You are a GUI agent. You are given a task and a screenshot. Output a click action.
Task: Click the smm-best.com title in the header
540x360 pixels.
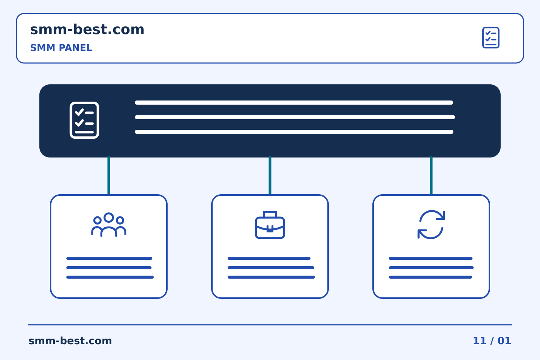87,30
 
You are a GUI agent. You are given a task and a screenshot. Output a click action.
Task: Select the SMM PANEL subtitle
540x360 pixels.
61,48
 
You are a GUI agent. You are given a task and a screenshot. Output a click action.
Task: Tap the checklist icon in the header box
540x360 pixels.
490,37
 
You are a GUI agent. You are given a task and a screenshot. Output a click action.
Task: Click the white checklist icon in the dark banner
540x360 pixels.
84,120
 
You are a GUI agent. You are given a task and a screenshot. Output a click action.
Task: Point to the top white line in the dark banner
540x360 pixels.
294,102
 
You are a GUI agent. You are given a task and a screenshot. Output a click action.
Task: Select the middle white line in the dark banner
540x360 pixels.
295,117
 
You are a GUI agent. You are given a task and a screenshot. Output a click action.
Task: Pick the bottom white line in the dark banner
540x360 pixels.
294,132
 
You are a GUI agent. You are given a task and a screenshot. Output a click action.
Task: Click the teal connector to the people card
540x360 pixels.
109,175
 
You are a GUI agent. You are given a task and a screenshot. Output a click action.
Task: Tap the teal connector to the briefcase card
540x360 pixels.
270,175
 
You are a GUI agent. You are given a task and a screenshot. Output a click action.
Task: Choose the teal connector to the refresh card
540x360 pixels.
431,175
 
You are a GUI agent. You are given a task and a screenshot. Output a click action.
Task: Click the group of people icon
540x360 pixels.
109,225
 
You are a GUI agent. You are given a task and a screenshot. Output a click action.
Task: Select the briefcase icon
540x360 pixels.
270,225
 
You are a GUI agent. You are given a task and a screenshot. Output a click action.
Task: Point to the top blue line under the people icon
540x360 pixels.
109,258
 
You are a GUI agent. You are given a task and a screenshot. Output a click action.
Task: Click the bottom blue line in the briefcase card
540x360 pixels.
271,277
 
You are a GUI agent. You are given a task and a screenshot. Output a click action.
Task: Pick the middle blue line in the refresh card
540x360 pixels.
431,268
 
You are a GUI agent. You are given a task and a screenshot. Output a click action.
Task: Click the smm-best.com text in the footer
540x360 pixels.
70,341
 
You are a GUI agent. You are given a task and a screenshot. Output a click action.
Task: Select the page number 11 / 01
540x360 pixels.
492,341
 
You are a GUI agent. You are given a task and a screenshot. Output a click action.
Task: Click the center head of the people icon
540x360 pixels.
109,217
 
